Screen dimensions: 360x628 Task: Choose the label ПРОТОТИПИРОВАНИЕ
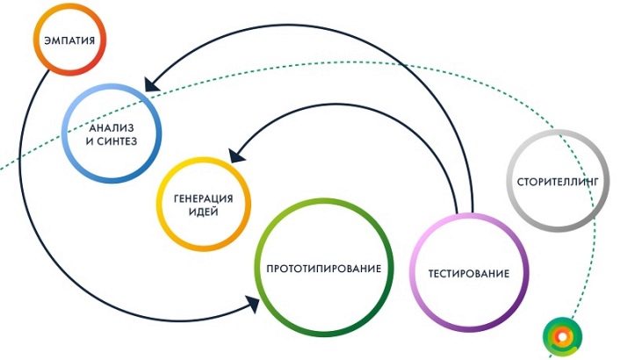[x=323, y=268]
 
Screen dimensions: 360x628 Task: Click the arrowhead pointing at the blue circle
[x=150, y=86]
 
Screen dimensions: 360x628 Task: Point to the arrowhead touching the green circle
[x=252, y=304]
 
